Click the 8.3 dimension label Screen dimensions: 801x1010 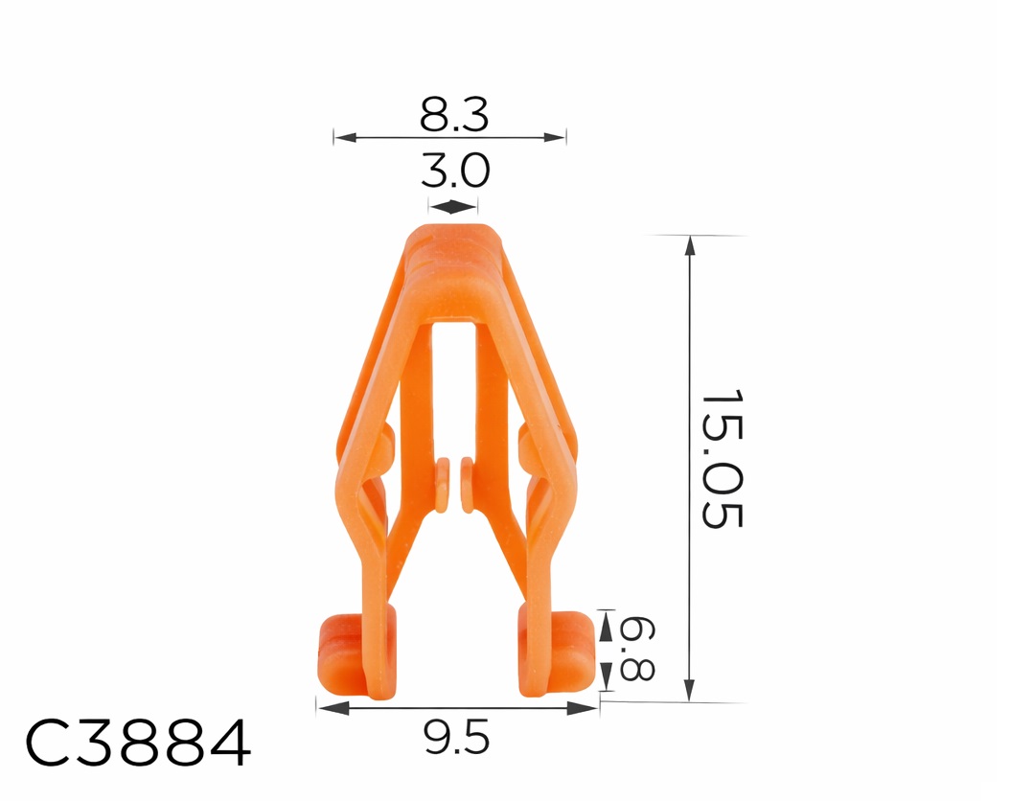coord(453,115)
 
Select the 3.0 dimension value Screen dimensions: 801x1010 coord(454,172)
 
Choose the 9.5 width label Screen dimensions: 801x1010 coord(455,738)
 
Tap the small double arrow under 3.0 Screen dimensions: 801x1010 coord(453,206)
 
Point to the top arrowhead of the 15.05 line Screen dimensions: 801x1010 coord(689,244)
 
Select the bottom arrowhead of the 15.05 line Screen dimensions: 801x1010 coord(689,691)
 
